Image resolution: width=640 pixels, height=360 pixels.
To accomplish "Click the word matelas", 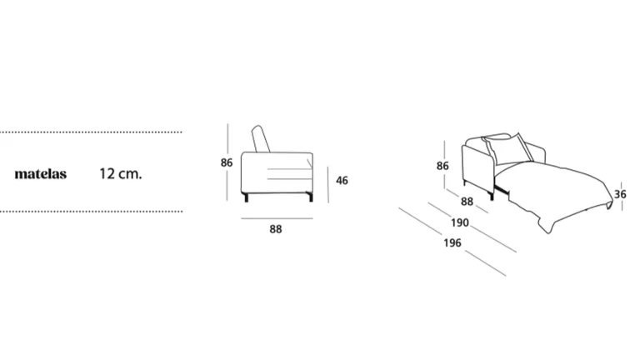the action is pos(40,174).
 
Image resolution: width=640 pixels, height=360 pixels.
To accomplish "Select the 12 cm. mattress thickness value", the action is pos(120,174).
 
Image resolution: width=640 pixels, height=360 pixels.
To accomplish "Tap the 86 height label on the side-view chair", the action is pos(227,162).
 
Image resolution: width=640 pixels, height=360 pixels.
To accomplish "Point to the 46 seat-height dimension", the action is pos(342,180).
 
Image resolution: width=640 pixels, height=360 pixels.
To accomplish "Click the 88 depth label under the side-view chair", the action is pos(276,229).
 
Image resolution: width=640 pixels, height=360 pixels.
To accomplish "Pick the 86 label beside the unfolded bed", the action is pos(442,166).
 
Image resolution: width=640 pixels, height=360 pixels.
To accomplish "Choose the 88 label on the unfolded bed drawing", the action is pos(467,202).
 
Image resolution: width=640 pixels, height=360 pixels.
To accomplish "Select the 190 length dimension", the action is pos(460,222).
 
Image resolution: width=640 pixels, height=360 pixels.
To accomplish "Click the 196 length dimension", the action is pos(452,242).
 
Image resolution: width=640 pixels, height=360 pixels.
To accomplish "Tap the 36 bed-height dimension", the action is pos(620,194).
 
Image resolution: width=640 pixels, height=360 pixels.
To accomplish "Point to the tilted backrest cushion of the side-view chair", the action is pos(261,139).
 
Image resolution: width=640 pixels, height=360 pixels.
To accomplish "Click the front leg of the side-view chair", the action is pos(310,197).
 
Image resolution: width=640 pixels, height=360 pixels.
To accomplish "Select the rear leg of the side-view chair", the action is pos(246,197).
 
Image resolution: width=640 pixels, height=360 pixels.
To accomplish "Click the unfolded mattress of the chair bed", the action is pos(559,192).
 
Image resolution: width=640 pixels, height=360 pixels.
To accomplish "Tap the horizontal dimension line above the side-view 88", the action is pos(277,218).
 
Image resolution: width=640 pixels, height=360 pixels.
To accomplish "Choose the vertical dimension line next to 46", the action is pos(327,184).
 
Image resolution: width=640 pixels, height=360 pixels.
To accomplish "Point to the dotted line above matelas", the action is pos(91,132).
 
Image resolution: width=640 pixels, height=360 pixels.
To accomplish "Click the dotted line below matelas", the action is pos(91,212).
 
